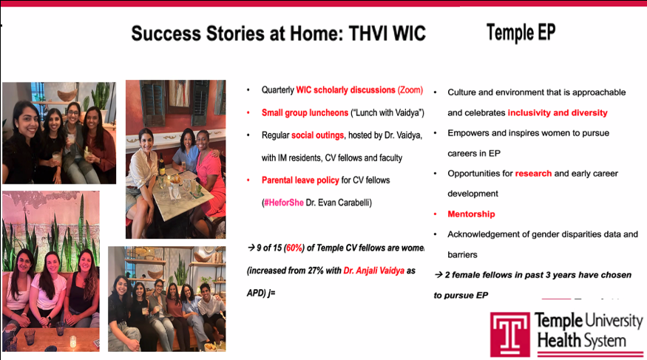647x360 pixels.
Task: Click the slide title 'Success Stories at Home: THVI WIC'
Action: point(278,34)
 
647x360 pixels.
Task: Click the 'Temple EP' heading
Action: point(521,32)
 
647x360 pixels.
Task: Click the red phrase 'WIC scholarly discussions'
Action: point(345,90)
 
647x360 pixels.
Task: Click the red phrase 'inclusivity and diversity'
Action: point(558,113)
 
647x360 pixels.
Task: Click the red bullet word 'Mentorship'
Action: point(471,214)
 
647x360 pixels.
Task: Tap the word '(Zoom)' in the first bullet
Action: point(410,90)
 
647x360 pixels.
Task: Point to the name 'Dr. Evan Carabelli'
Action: point(336,202)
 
